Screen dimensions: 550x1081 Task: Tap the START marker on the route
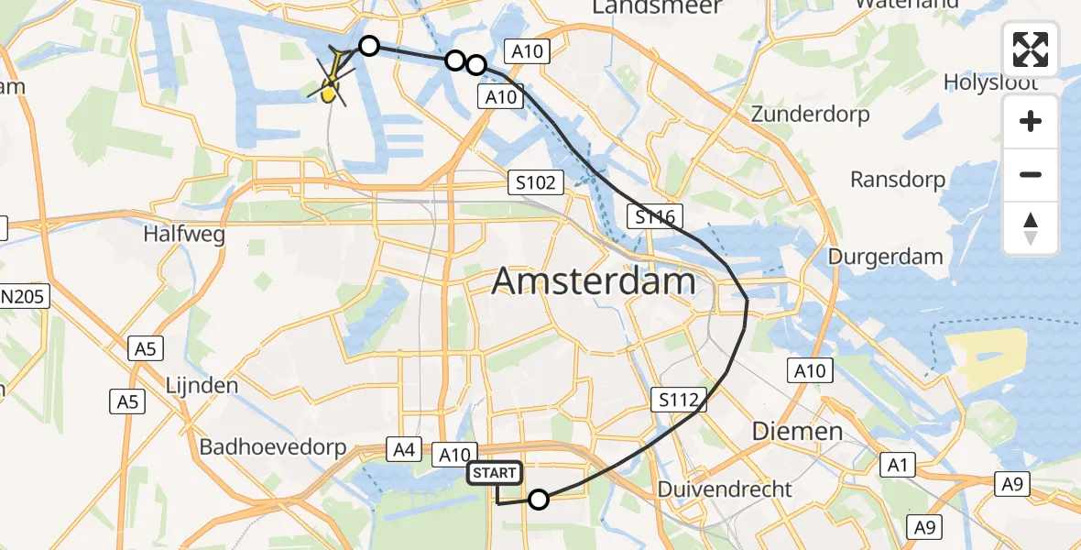[495, 473]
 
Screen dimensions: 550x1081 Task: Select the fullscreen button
[1031, 49]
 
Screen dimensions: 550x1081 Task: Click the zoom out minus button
[1031, 174]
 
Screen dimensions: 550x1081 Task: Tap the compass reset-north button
[1031, 228]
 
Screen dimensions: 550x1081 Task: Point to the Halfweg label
[184, 235]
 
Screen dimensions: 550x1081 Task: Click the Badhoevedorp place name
[274, 448]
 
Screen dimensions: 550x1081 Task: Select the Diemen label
[784, 431]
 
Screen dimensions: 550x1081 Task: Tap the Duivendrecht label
[725, 489]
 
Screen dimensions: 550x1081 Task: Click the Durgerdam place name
[885, 257]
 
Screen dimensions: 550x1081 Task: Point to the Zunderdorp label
[810, 115]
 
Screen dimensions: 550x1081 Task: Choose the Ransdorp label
[898, 179]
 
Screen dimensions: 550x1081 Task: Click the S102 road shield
[535, 182]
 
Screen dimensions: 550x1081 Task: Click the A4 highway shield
[404, 449]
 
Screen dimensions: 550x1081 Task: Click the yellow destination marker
[330, 91]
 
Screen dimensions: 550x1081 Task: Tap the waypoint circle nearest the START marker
[539, 499]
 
